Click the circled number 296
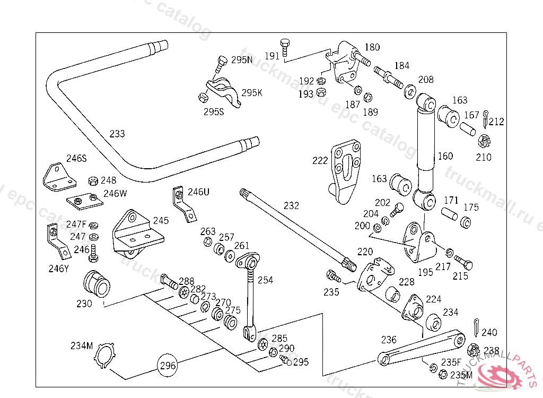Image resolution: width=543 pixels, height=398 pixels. pyautogui.click(x=167, y=366)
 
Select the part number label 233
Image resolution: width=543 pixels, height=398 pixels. pyautogui.click(x=117, y=134)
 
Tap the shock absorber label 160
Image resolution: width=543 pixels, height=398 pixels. pyautogui.click(x=445, y=156)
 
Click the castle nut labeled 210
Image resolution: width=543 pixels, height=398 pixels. pyautogui.click(x=483, y=142)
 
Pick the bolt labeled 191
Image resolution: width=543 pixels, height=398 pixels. pyautogui.click(x=285, y=46)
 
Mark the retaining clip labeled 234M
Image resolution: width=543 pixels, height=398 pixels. pyautogui.click(x=106, y=356)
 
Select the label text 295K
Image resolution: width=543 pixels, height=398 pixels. pyautogui.click(x=252, y=92)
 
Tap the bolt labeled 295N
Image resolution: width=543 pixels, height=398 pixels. pyautogui.click(x=222, y=64)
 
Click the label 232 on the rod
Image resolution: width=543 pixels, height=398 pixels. pyautogui.click(x=291, y=206)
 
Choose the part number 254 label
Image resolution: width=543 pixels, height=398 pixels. pyautogui.click(x=266, y=280)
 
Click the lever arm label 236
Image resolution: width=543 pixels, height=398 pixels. pyautogui.click(x=389, y=339)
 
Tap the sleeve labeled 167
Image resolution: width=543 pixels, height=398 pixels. pyautogui.click(x=467, y=129)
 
